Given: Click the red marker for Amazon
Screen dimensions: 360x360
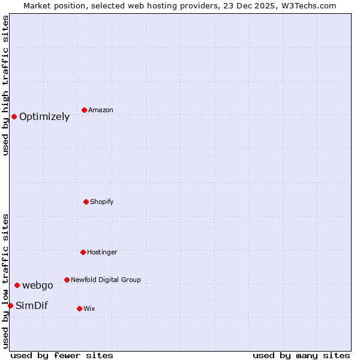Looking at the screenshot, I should pos(84,110).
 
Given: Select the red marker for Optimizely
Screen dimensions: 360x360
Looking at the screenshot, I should pos(14,116).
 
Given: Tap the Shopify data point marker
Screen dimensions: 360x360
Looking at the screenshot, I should pos(86,202).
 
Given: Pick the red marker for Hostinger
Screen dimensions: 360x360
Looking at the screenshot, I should pos(83,252).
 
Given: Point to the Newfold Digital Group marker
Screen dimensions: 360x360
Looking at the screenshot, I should pos(67,280).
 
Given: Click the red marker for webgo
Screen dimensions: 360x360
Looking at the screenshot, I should pos(17,285).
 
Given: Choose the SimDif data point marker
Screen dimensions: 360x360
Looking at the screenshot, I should pos(10,305).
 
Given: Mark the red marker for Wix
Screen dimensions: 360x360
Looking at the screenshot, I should pos(79,308).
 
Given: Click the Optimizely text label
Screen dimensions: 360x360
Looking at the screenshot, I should pos(44,117).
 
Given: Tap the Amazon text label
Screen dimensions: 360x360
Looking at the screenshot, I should pos(101,110).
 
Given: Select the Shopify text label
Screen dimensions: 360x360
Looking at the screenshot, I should pos(102,202).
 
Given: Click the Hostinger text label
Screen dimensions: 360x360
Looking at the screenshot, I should pos(102,253).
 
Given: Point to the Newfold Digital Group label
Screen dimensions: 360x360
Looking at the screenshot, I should pos(106,280).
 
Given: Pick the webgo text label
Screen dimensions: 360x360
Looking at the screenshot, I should pos(38,286).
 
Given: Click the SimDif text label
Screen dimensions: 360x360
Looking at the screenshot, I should pos(32,306).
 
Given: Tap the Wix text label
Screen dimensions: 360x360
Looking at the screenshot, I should pos(89,309).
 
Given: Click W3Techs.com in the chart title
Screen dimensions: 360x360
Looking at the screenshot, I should pos(310,5).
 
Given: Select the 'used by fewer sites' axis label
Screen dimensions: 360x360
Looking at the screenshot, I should pos(62,355).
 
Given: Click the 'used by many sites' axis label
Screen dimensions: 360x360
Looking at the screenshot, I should pos(301,355).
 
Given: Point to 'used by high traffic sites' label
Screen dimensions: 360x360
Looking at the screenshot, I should pos(5,85).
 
